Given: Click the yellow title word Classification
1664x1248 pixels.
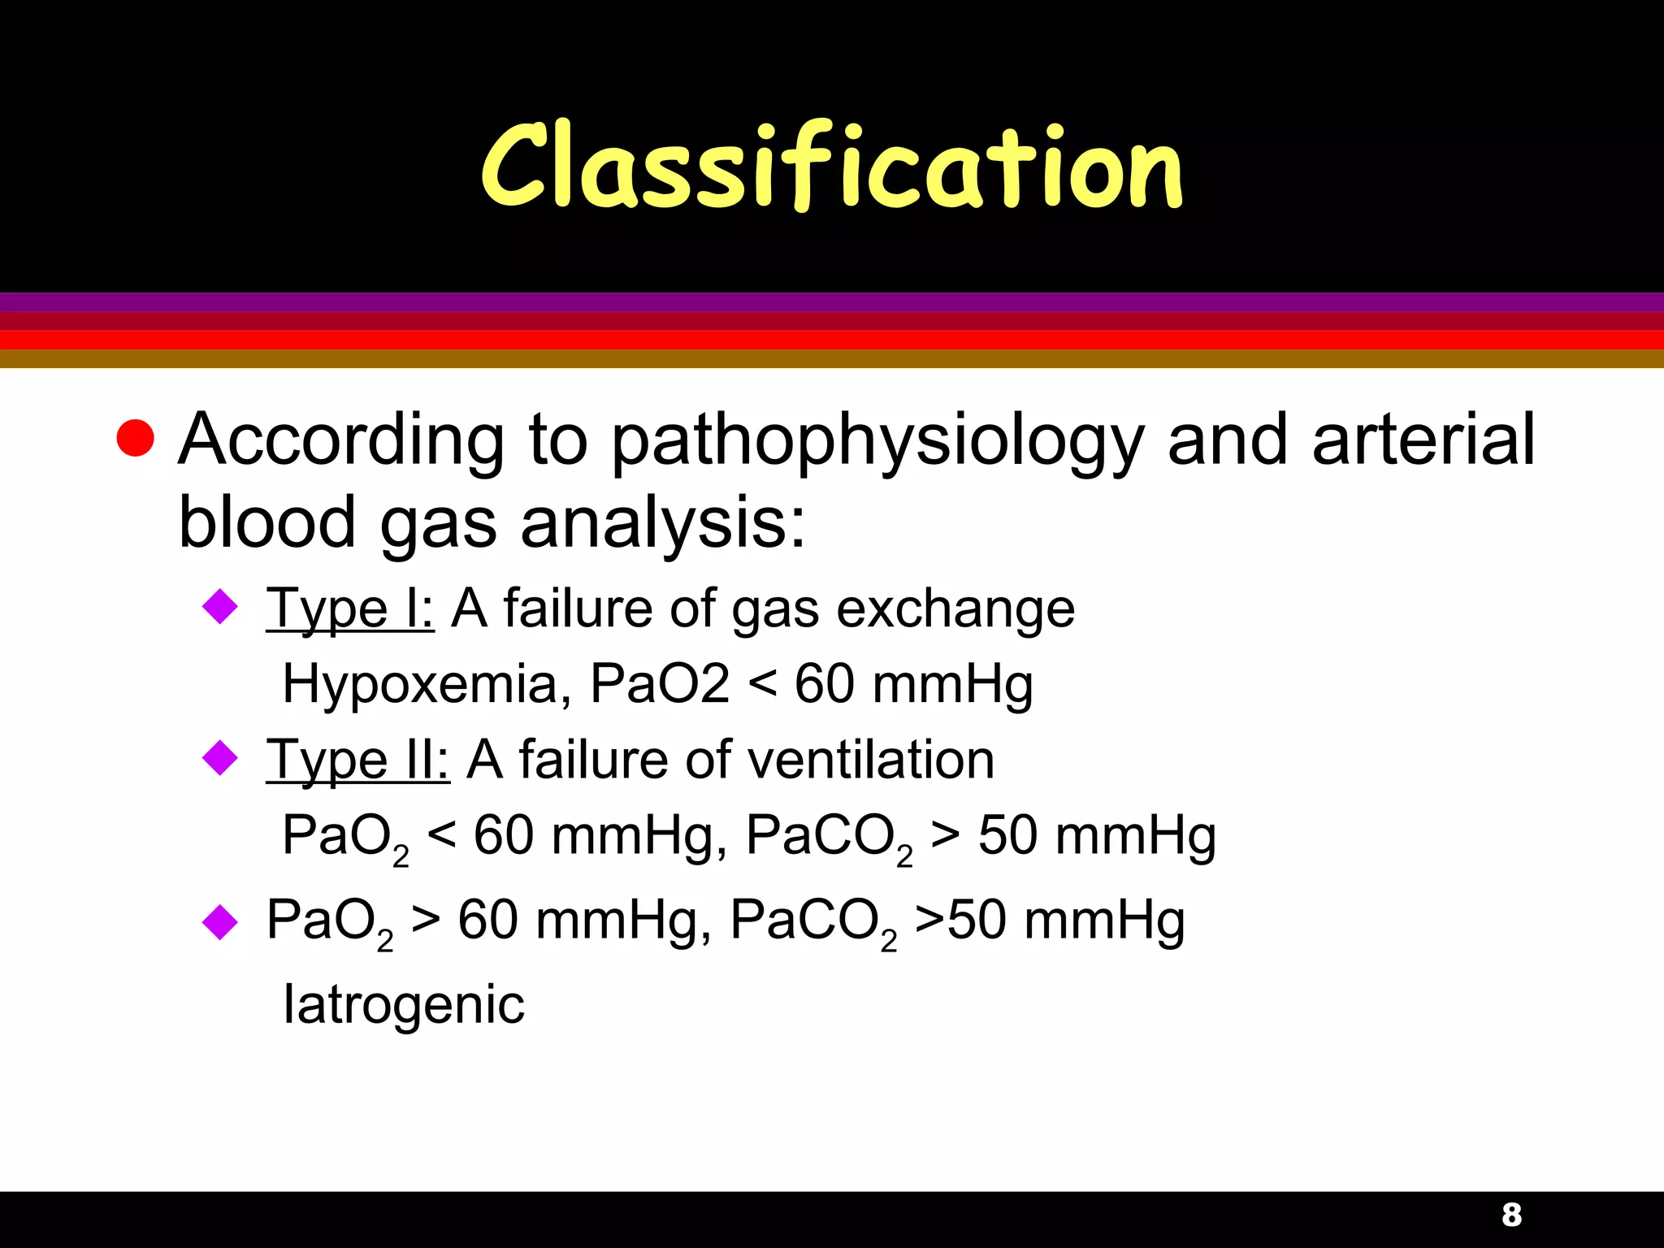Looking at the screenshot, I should tap(831, 167).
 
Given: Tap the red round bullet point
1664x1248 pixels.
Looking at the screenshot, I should tap(135, 439).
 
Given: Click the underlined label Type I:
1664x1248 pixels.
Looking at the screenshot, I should tap(349, 609).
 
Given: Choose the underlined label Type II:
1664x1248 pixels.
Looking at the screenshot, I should tap(357, 761).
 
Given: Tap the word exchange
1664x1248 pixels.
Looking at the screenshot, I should tap(955, 609).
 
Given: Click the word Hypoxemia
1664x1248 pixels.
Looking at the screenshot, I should tap(419, 685).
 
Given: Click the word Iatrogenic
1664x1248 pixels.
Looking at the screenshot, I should tap(404, 1006).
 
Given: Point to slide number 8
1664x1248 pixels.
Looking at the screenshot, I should tap(1511, 1215).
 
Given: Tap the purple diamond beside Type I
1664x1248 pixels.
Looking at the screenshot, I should tap(219, 607).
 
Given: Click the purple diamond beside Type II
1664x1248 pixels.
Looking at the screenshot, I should tap(219, 758).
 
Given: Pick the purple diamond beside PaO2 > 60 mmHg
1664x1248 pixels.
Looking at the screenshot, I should tap(219, 922).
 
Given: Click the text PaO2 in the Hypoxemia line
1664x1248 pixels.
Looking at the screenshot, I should tap(659, 684).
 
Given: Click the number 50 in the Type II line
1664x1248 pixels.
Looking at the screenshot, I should tap(1007, 835).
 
